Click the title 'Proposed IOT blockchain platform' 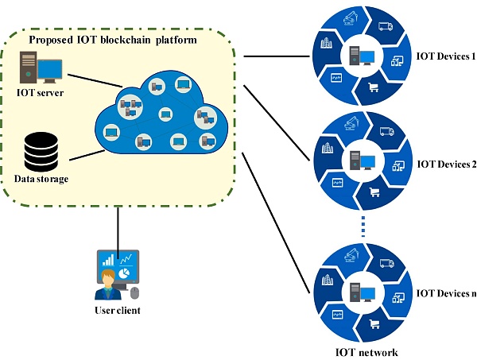pos(112,40)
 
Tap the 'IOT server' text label pos(40,93)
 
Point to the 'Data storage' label pos(41,179)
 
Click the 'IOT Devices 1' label pos(446,57)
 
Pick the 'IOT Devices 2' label pos(446,165)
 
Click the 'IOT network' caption pos(362,351)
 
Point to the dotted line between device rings pos(362,226)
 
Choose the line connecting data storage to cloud pos(80,157)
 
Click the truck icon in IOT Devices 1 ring pos(386,27)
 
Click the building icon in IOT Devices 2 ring pos(326,149)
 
